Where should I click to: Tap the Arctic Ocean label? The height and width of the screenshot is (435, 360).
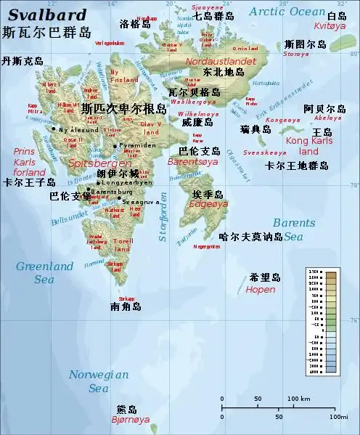(x=287, y=11)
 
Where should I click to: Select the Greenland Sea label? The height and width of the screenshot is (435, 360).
(x=44, y=272)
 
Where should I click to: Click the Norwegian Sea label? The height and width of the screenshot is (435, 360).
(x=99, y=381)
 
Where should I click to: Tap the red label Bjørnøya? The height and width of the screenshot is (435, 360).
(x=131, y=420)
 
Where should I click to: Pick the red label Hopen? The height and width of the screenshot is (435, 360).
(x=261, y=289)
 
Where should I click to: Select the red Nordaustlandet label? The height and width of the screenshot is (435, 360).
(x=216, y=62)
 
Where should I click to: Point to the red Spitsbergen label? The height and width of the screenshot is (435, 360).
(x=90, y=164)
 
